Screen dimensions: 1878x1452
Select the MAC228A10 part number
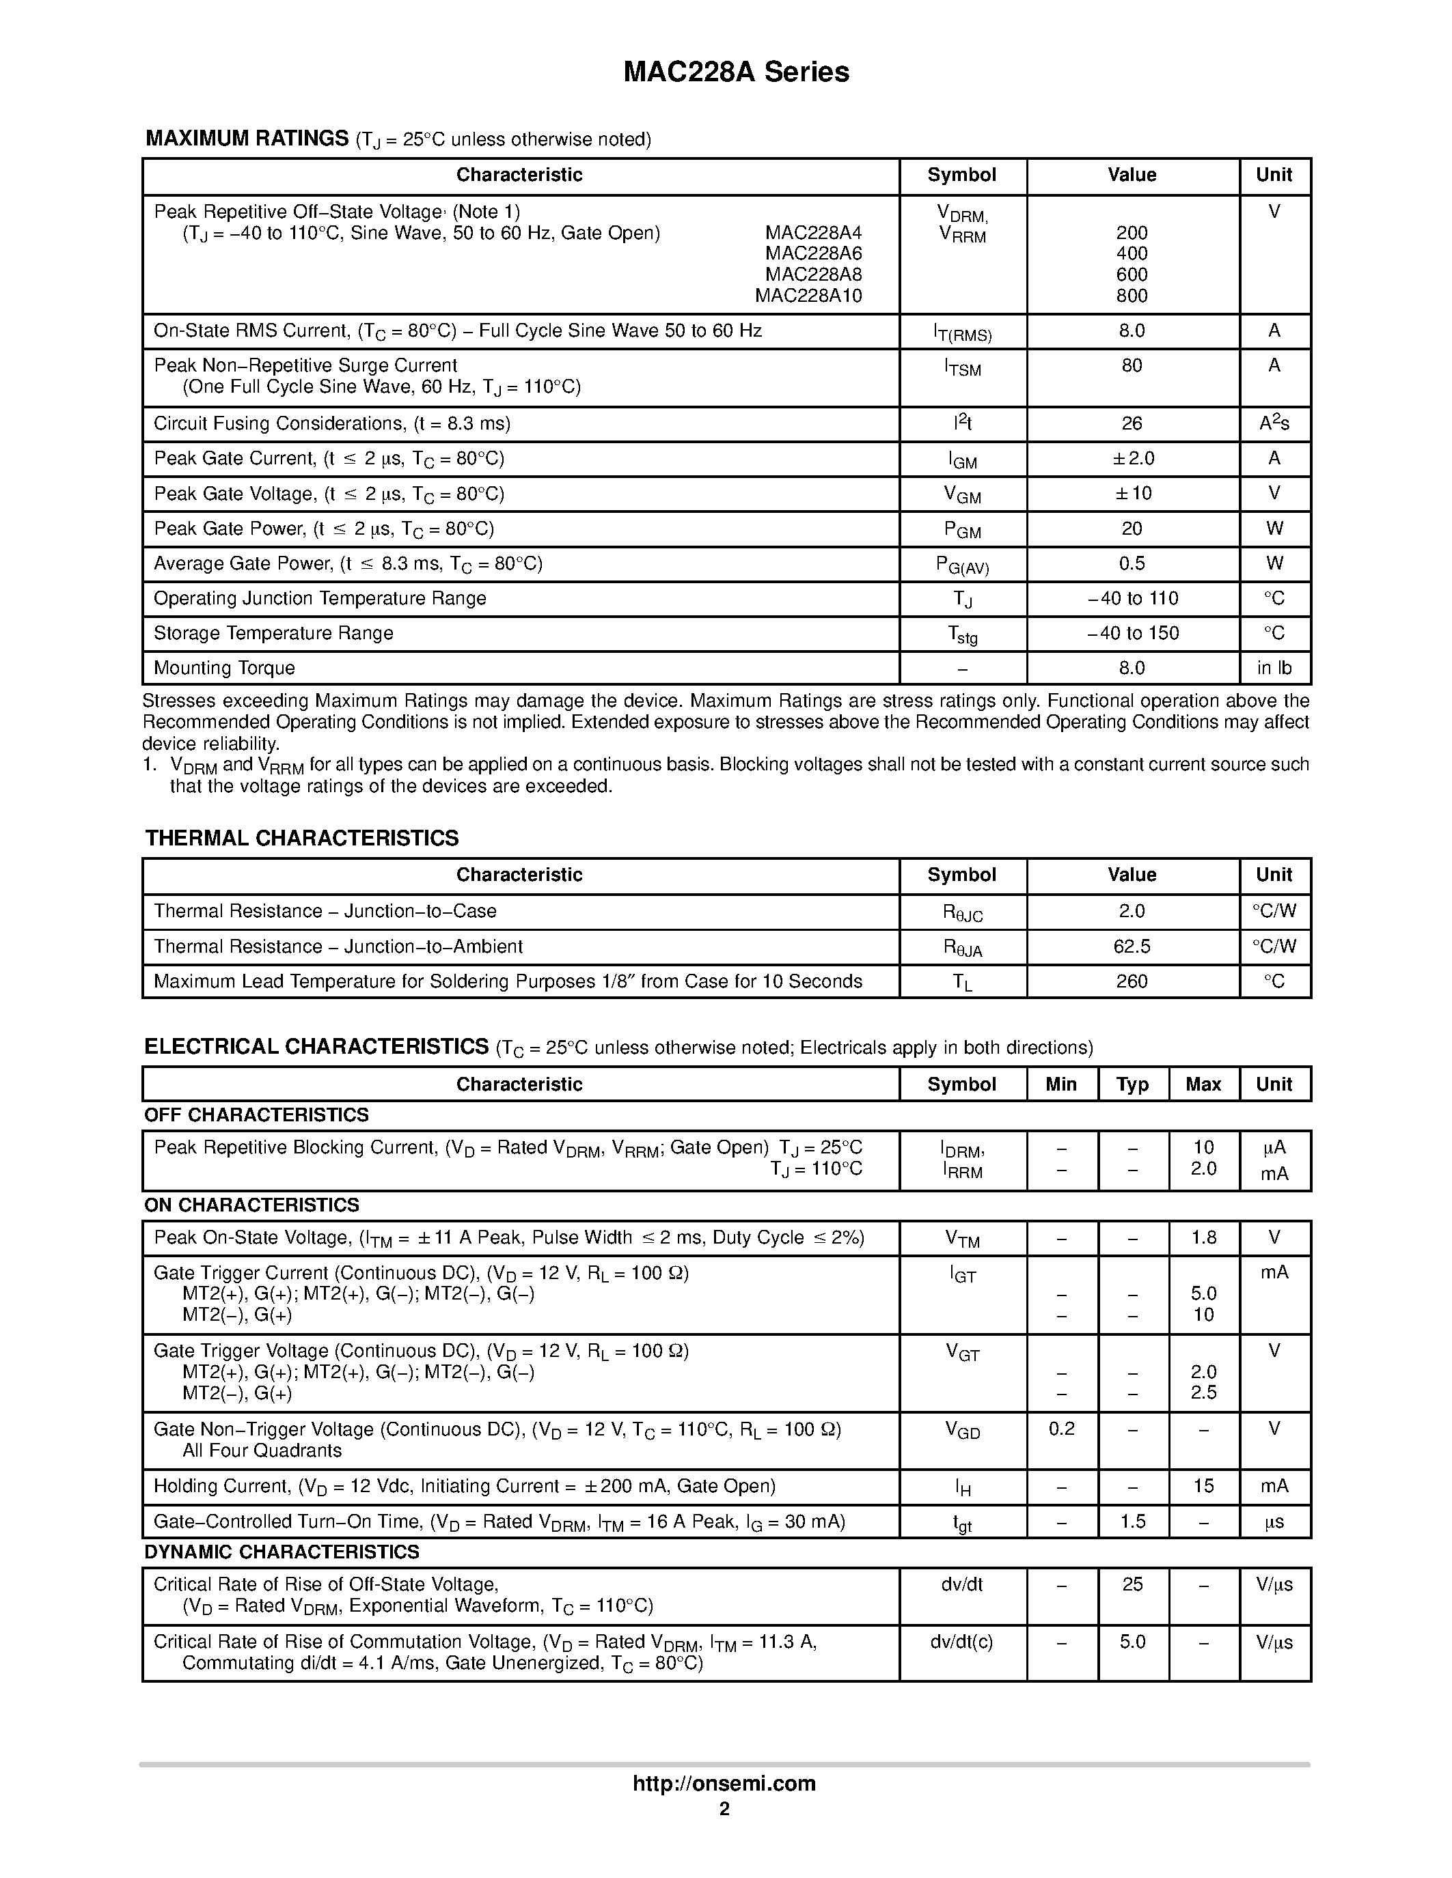click(x=808, y=296)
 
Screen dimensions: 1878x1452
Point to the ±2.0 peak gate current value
click(x=1132, y=458)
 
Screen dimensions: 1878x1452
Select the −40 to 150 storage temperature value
click(x=1132, y=634)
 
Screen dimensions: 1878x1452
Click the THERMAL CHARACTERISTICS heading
click(x=302, y=839)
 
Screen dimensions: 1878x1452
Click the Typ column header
click(x=1132, y=1084)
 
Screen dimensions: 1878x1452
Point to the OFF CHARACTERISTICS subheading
click(x=256, y=1115)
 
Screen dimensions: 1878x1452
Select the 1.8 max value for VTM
click(x=1203, y=1237)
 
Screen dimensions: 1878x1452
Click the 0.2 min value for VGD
click(x=1061, y=1429)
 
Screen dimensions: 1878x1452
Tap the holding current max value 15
click(x=1203, y=1486)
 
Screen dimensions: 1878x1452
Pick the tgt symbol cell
click(x=961, y=1523)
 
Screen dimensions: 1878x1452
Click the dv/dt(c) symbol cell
click(x=961, y=1642)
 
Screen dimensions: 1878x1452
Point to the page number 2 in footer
click(x=724, y=1808)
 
